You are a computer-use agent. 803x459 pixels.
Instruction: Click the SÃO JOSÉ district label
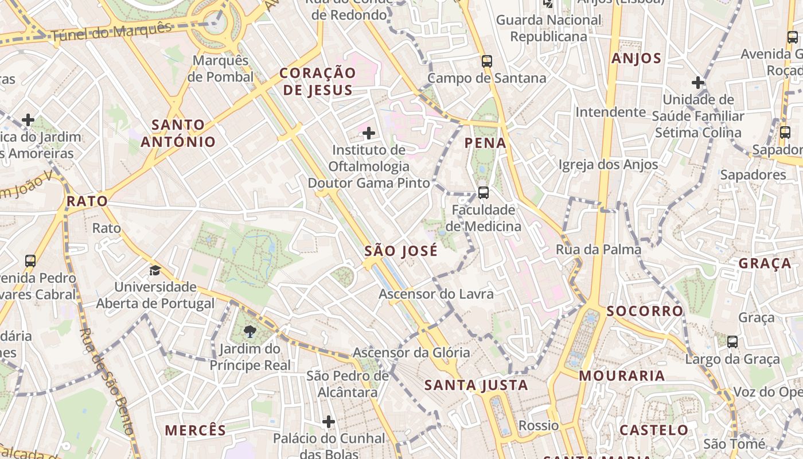point(401,251)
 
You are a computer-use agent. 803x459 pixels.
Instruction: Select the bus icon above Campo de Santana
point(487,61)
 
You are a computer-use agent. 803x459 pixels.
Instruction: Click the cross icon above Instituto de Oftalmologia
point(369,134)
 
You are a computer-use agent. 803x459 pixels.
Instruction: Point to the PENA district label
point(486,143)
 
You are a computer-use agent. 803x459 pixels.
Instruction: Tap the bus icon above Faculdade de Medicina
point(484,192)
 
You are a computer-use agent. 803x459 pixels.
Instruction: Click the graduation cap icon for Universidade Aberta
point(155,270)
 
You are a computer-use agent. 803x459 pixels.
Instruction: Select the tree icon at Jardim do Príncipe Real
point(250,332)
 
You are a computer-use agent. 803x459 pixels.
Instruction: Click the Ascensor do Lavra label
point(436,294)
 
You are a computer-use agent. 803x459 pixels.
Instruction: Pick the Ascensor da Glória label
point(411,352)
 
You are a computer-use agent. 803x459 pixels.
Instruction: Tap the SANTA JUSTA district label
point(476,385)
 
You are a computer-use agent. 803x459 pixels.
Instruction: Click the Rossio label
point(539,425)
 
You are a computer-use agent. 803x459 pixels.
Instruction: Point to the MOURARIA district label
point(622,376)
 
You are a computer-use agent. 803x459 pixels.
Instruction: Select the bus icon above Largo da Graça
point(732,342)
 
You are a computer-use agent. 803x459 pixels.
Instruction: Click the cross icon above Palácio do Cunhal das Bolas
point(329,422)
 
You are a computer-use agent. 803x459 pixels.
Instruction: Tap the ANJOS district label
point(636,59)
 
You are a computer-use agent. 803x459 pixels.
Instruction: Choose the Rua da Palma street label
point(598,250)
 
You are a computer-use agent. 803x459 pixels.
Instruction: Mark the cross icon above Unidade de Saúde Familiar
point(698,83)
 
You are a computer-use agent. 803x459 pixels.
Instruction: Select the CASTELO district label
point(654,430)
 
